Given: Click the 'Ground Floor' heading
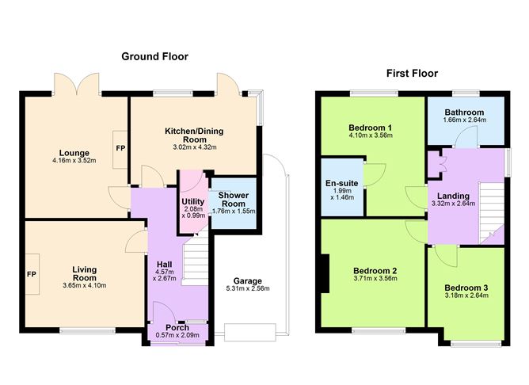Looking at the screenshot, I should click(x=154, y=56).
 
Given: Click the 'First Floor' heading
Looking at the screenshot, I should click(x=412, y=73).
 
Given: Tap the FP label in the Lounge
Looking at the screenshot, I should click(x=120, y=148).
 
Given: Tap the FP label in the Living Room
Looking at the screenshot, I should click(x=32, y=274).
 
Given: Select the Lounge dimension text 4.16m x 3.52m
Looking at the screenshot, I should click(x=68, y=163).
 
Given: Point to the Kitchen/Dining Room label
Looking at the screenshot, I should click(x=195, y=134).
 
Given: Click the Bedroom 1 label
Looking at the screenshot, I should click(x=371, y=128).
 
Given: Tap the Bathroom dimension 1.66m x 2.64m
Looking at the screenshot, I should click(x=464, y=120).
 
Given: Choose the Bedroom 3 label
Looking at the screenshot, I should click(x=466, y=287).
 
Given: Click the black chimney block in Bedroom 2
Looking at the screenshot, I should click(x=324, y=273).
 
